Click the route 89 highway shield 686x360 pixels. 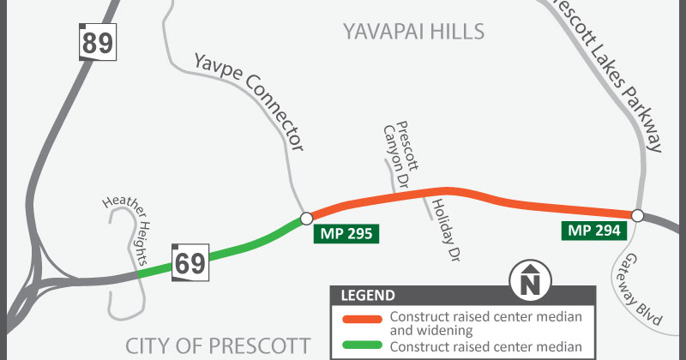click(98, 42)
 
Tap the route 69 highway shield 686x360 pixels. click(189, 261)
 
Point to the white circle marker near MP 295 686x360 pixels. click(306, 219)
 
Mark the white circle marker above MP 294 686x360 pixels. click(637, 214)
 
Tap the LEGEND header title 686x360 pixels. click(369, 296)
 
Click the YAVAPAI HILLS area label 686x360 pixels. click(413, 33)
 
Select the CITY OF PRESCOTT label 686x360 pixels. click(218, 345)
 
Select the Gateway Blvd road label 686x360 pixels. click(644, 289)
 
